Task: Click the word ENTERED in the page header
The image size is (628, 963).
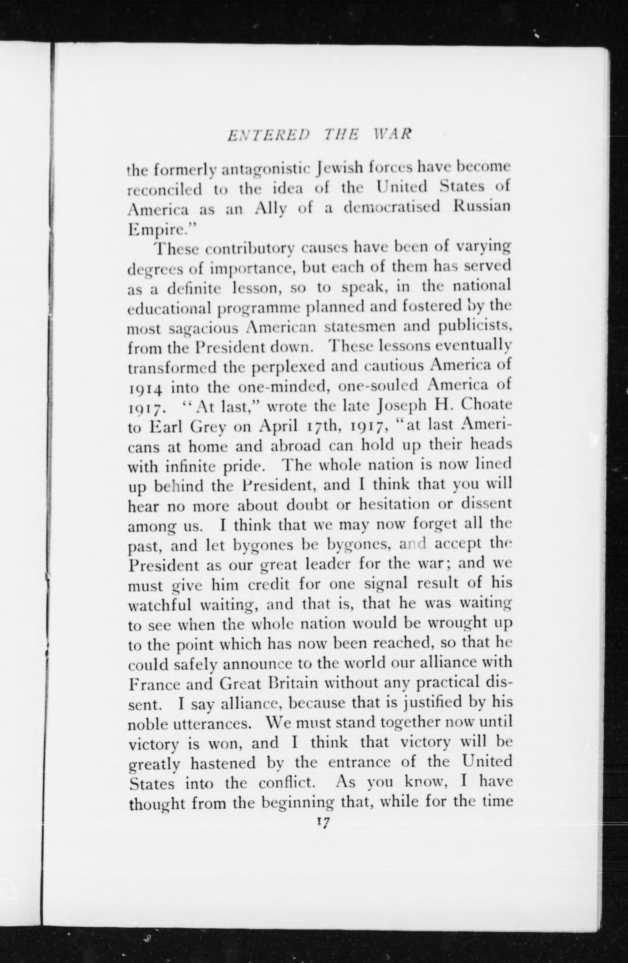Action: pyautogui.click(x=268, y=135)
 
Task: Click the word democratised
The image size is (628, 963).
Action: pyautogui.click(x=392, y=207)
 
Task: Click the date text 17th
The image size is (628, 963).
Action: pyautogui.click(x=322, y=426)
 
